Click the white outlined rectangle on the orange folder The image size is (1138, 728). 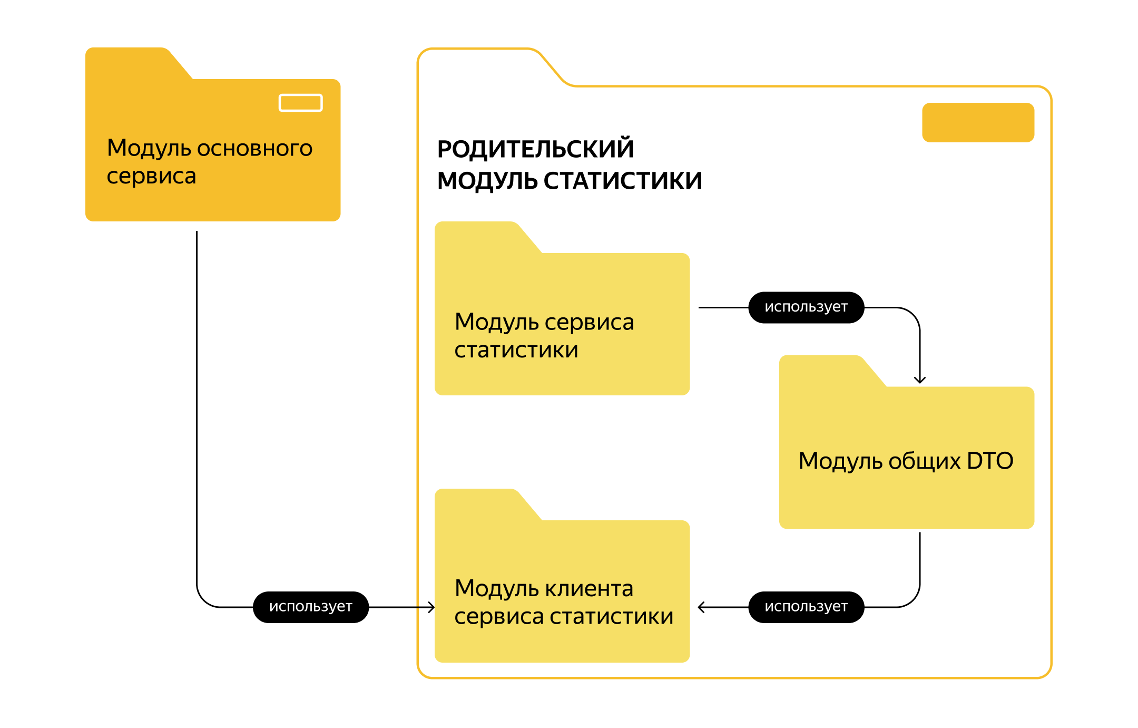point(300,103)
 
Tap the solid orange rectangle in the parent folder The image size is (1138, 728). point(978,122)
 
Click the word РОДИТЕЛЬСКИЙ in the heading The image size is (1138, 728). point(535,149)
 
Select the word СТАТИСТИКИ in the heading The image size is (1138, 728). point(623,181)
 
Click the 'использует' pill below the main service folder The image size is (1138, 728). point(310,607)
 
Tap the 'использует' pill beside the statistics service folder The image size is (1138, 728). point(806,307)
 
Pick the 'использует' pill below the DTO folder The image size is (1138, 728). point(806,607)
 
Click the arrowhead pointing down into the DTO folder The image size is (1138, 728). point(920,380)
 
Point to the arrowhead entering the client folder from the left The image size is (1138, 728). point(431,607)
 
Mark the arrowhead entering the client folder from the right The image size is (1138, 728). point(701,607)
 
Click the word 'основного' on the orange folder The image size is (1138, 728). point(254,149)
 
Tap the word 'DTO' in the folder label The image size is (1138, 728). point(990,461)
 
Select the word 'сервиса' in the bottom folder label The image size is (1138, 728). point(498,617)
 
